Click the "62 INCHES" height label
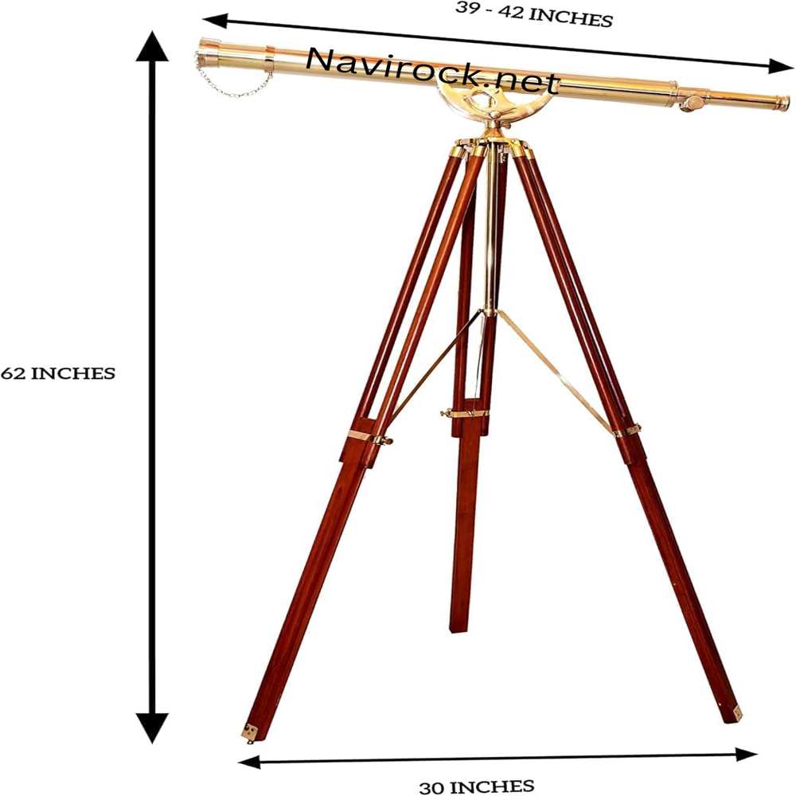coord(58,373)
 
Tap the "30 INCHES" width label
coord(477,786)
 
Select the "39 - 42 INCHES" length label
coord(534,14)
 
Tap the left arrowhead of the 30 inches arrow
coord(249,762)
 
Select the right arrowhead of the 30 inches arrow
coord(747,755)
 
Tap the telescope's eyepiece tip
coord(782,103)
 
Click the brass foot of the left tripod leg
coord(250,733)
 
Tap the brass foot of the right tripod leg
coord(735,713)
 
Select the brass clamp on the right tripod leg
coord(626,431)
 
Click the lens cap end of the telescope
coord(208,53)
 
